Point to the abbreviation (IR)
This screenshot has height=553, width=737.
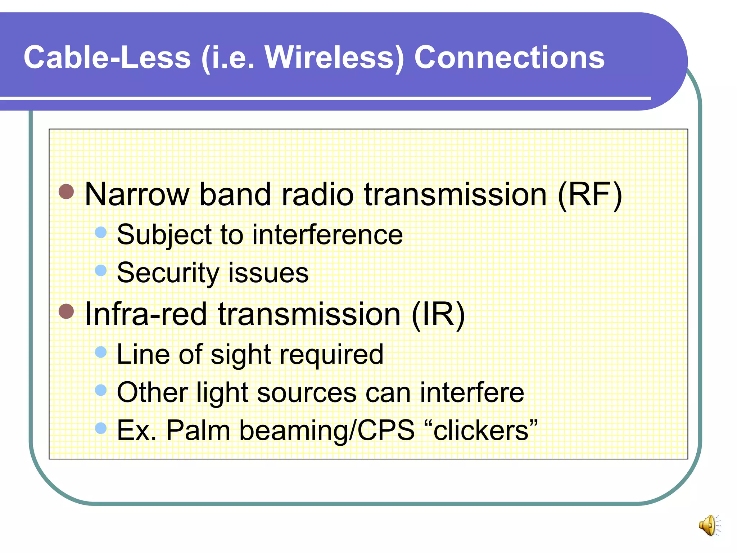tap(438, 314)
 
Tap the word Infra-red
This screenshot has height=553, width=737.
tap(146, 314)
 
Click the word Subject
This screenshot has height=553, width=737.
tap(164, 235)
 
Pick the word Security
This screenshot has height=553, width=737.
tap(168, 273)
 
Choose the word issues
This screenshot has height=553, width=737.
tap(268, 273)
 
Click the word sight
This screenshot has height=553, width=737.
tap(240, 355)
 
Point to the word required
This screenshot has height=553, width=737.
tap(331, 355)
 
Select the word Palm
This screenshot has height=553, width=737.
tap(198, 430)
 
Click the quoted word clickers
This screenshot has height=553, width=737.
tap(481, 430)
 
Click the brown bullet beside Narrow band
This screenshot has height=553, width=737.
tap(66, 192)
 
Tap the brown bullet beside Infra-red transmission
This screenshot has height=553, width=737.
tap(66, 311)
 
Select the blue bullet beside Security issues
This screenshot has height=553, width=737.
tap(101, 270)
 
